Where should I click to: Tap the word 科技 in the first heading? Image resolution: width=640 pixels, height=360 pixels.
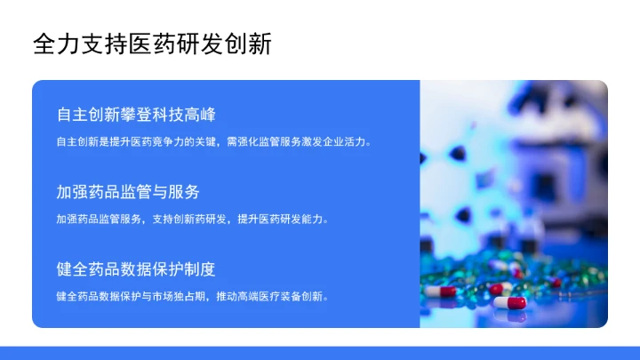(168, 115)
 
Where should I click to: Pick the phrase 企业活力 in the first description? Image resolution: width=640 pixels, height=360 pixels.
(348, 141)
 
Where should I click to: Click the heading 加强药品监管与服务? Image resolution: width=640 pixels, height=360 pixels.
(128, 192)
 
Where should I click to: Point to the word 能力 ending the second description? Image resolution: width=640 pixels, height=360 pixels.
(316, 219)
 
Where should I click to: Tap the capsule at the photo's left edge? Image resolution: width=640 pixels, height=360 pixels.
(441, 291)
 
